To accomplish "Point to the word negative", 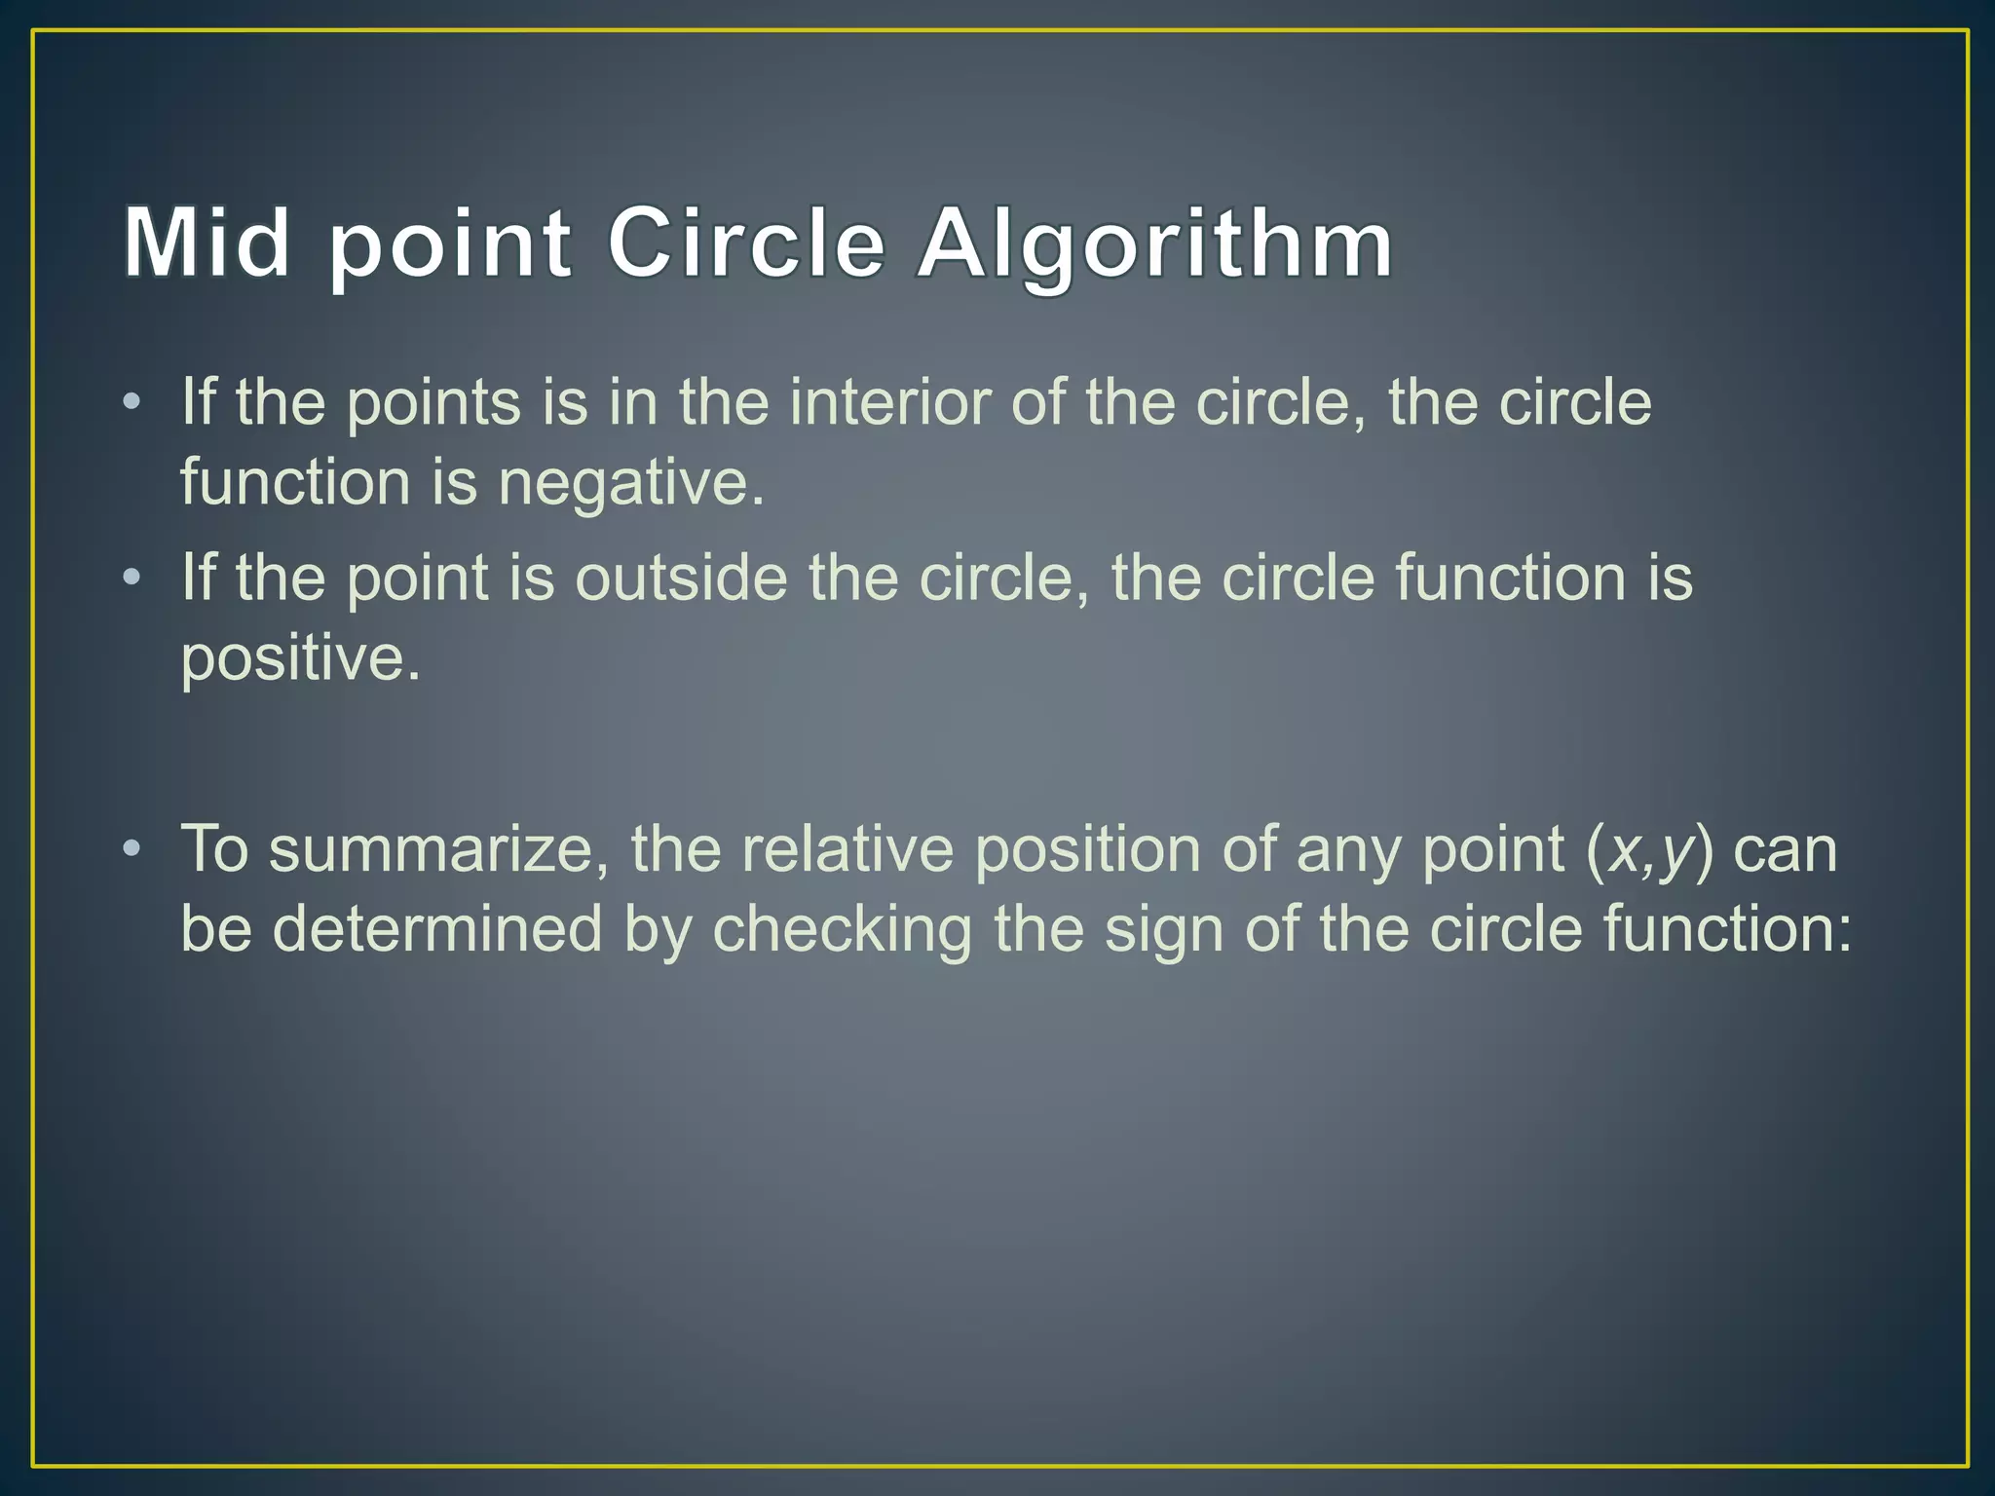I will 630,482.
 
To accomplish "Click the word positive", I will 300,659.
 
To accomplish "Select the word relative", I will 847,848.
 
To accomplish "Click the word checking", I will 843,928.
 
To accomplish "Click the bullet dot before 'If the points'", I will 132,402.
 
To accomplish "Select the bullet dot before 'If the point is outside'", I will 132,578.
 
